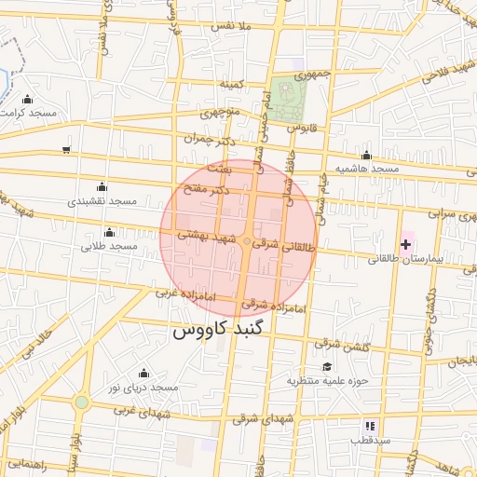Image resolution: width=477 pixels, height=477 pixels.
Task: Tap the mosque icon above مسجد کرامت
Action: click(27, 100)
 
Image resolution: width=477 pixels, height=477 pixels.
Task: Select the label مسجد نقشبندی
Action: click(102, 201)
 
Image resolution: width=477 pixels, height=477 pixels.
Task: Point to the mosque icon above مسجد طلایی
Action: click(109, 232)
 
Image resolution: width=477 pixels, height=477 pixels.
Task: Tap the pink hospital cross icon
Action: click(405, 244)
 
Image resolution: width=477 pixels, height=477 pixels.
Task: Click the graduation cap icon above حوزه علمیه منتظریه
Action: click(327, 368)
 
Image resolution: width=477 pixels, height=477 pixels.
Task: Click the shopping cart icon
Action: click(65, 149)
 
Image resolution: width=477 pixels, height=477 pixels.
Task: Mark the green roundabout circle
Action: click(82, 402)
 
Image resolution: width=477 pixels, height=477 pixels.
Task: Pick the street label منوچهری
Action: click(222, 116)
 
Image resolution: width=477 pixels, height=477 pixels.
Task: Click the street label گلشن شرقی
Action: click(344, 348)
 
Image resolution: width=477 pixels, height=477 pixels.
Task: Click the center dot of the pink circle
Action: click(246, 242)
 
